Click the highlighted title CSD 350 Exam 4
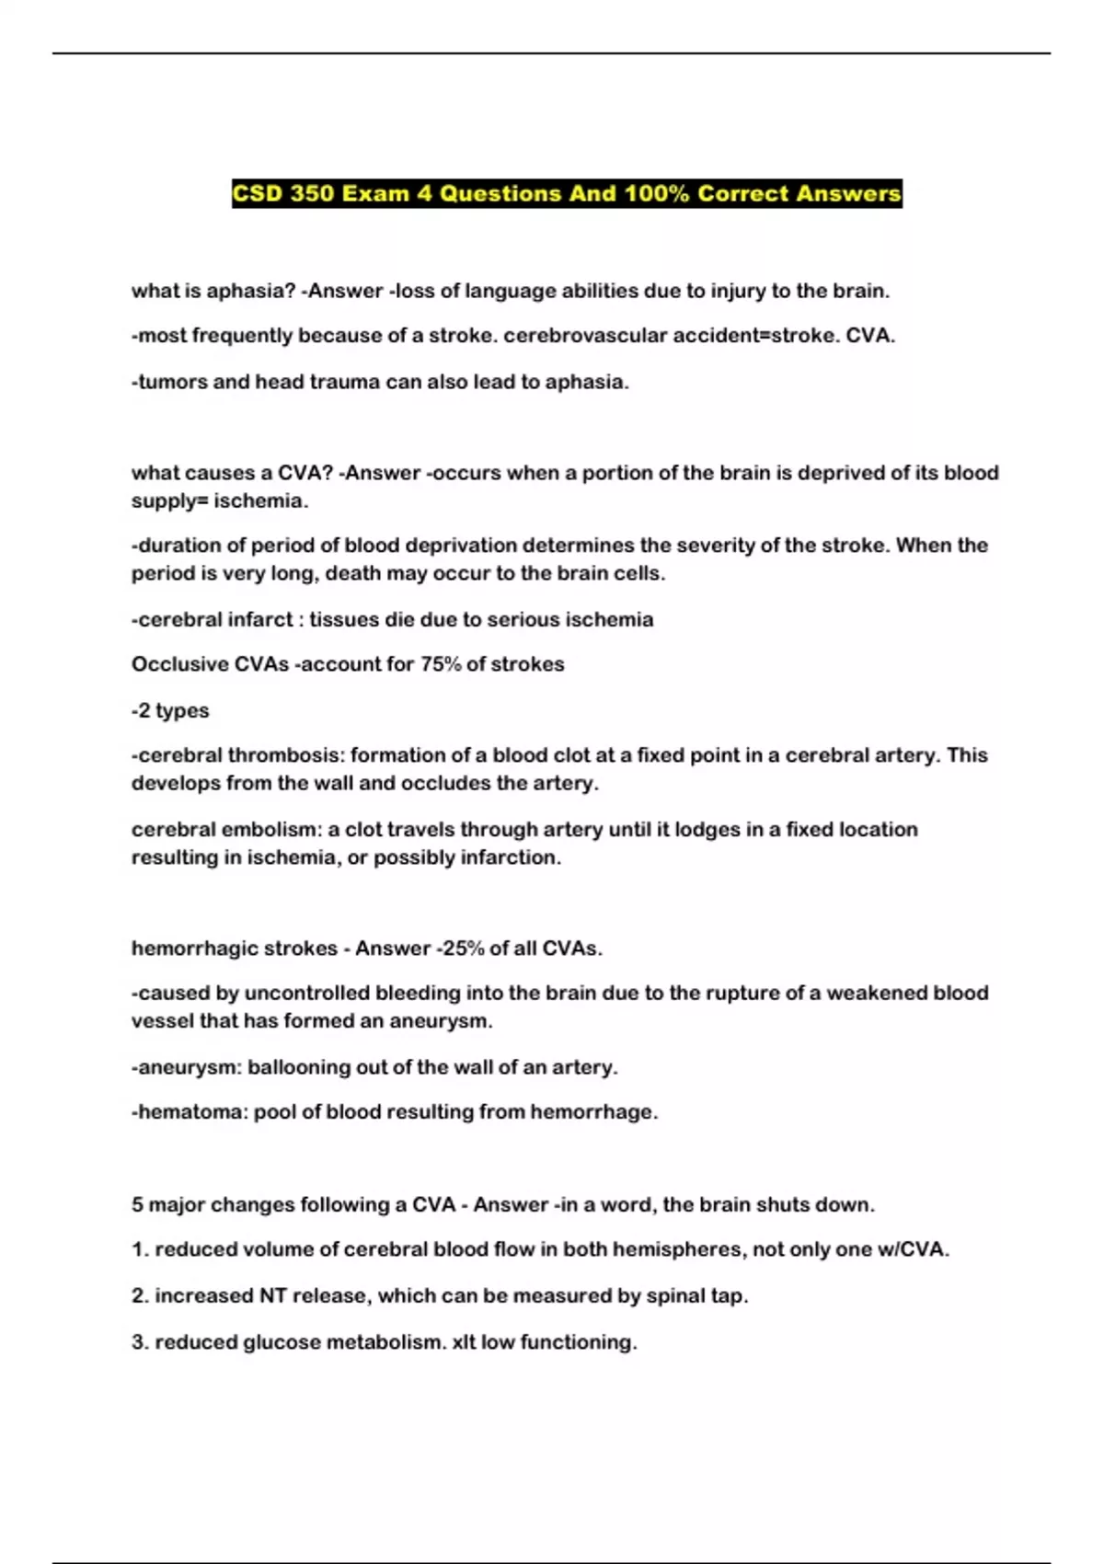click(567, 194)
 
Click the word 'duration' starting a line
click(178, 546)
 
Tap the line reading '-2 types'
click(170, 711)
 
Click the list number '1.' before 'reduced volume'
click(140, 1250)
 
